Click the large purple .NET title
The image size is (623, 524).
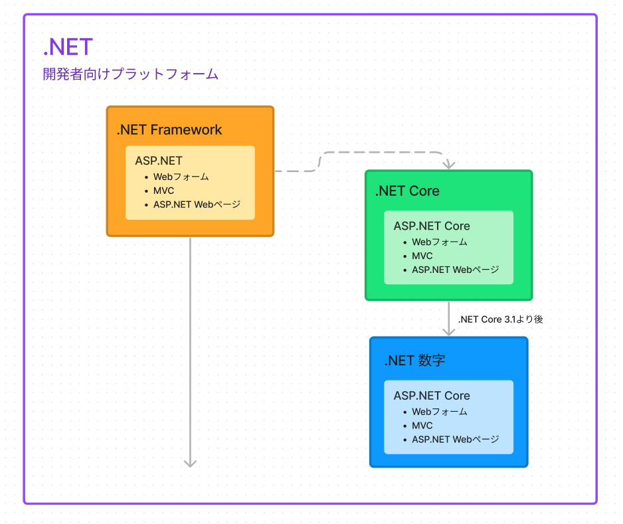68,47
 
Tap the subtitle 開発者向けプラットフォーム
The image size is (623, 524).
131,74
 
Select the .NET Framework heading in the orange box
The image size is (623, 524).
169,130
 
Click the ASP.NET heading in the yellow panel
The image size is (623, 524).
159,161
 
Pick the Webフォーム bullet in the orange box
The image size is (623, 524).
181,177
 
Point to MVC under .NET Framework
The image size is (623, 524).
163,191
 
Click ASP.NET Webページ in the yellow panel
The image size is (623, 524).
197,205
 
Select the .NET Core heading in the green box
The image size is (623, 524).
407,191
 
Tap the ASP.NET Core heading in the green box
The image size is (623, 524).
432,226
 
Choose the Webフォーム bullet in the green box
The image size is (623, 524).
440,242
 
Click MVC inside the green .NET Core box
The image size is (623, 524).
422,256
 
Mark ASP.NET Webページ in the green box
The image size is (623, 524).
456,270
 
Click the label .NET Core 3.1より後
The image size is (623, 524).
501,319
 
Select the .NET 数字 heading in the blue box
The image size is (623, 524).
415,361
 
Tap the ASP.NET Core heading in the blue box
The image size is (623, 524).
432,395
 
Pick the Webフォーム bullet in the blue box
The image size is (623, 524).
440,412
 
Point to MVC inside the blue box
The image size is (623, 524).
422,426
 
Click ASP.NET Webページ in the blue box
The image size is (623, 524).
456,440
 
